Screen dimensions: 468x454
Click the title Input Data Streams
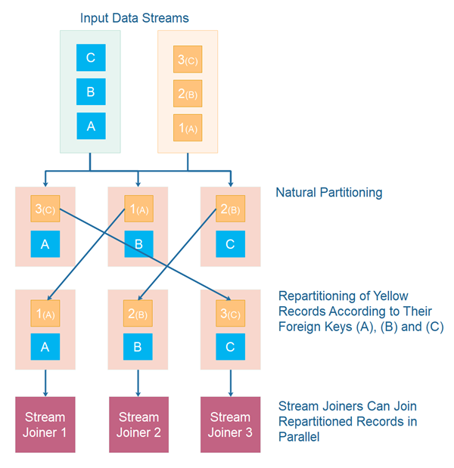(x=135, y=17)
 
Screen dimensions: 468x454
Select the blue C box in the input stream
(x=91, y=57)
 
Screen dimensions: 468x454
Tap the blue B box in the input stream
(x=91, y=91)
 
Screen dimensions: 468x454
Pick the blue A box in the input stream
(x=91, y=126)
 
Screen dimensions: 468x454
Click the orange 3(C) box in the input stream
(x=187, y=60)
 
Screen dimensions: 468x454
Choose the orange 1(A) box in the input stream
(x=187, y=126)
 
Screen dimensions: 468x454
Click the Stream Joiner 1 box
(x=45, y=424)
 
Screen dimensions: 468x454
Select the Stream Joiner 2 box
(x=138, y=424)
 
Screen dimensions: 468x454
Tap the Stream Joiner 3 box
(x=230, y=424)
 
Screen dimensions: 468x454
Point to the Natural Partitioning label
(x=329, y=193)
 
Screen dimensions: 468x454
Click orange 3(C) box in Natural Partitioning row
(x=45, y=209)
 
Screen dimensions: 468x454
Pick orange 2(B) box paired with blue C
(x=230, y=209)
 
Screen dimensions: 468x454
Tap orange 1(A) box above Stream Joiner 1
(x=45, y=313)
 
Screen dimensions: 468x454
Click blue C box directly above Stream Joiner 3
(x=230, y=347)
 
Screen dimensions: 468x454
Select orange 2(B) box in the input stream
(x=187, y=93)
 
